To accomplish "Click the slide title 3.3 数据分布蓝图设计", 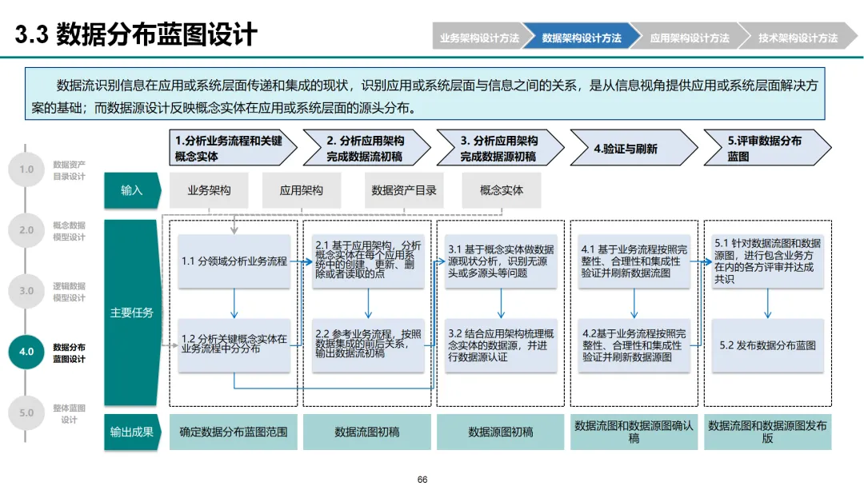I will (x=136, y=34).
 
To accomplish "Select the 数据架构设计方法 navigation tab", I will (x=582, y=38).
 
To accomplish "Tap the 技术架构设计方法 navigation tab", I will (x=798, y=38).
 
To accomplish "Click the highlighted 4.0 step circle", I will (x=26, y=352).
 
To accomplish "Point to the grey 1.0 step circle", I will (x=26, y=169).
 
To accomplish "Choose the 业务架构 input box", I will (x=209, y=190).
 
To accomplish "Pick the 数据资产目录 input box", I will (x=404, y=190).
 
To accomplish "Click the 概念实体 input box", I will (x=502, y=190).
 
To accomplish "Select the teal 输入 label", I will (x=132, y=190).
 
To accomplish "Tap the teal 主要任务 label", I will (x=132, y=313).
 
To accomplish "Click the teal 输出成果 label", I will (x=132, y=432).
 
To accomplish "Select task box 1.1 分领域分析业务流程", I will (x=234, y=261).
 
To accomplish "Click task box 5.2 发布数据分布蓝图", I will (x=768, y=345).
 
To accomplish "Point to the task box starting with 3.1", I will (x=501, y=261).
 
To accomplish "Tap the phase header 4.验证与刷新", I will (x=632, y=149).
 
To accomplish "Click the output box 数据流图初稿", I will (x=367, y=432).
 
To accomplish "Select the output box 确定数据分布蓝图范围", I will (x=234, y=432).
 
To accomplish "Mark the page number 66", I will (x=422, y=479).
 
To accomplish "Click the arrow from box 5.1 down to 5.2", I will (x=768, y=303).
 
